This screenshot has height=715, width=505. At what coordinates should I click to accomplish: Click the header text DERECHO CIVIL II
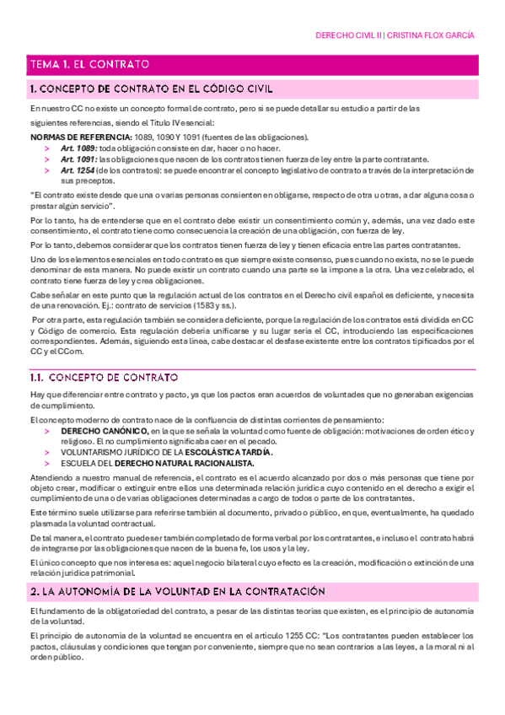tap(347, 36)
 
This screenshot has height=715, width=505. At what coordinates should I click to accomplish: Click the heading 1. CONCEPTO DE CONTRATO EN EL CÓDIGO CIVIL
tap(151, 89)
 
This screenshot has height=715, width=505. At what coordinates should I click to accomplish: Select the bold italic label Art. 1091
tap(78, 159)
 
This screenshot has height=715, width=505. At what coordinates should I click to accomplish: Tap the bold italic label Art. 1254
tap(78, 169)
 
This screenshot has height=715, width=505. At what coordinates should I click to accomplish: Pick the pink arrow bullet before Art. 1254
tap(47, 169)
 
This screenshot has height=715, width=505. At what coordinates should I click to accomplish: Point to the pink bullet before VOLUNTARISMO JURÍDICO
tap(47, 452)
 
